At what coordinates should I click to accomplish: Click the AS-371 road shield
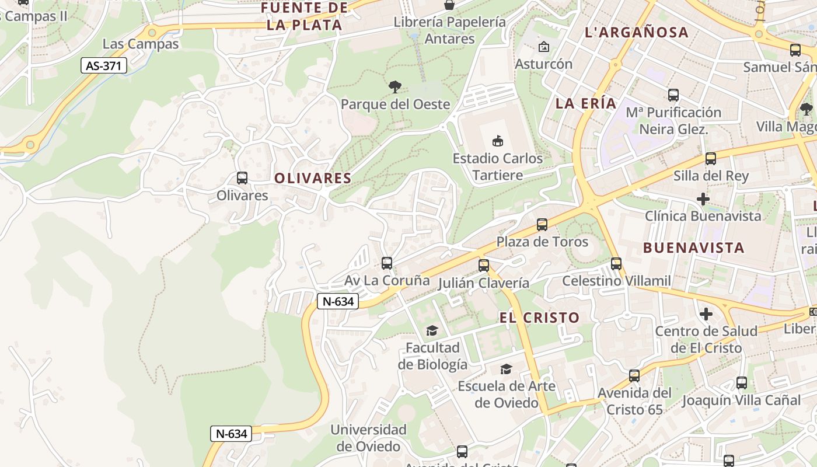pos(104,66)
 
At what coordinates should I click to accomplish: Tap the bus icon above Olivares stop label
pos(242,178)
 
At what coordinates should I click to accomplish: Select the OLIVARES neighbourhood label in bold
pos(313,179)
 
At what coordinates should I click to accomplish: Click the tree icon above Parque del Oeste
pos(395,88)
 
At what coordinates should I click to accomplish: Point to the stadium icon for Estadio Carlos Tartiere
pos(498,141)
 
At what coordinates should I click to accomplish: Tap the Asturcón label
pos(543,64)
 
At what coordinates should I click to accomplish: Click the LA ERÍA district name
pos(586,104)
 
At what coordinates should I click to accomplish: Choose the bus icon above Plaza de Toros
pos(542,225)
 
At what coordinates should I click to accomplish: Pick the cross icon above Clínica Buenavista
pos(703,200)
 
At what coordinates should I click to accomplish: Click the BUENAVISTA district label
pos(693,248)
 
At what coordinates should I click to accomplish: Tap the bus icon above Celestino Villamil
pos(616,264)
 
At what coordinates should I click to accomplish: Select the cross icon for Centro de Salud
pos(706,315)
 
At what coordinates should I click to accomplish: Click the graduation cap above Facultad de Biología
pos(432,331)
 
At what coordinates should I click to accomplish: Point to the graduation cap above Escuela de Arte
pos(506,370)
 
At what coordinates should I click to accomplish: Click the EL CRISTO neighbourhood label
pos(539,318)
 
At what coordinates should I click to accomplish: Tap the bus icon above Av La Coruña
pos(386,263)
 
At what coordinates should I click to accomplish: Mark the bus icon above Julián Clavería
pos(484,266)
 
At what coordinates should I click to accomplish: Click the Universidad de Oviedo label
pos(368,438)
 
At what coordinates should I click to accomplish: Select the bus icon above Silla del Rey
pos(711,159)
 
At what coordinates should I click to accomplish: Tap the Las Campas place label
pos(141,44)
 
